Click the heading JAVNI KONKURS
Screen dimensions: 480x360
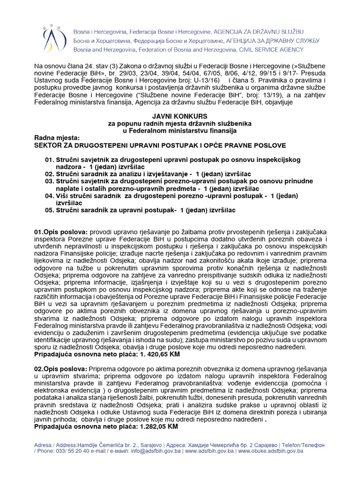[180, 116]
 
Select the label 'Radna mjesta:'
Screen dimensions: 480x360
[57, 138]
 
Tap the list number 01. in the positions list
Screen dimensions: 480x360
[50, 160]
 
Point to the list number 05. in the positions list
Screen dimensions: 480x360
[50, 210]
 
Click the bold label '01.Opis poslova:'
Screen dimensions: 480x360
[60, 232]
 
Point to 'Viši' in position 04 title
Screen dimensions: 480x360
[65, 195]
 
